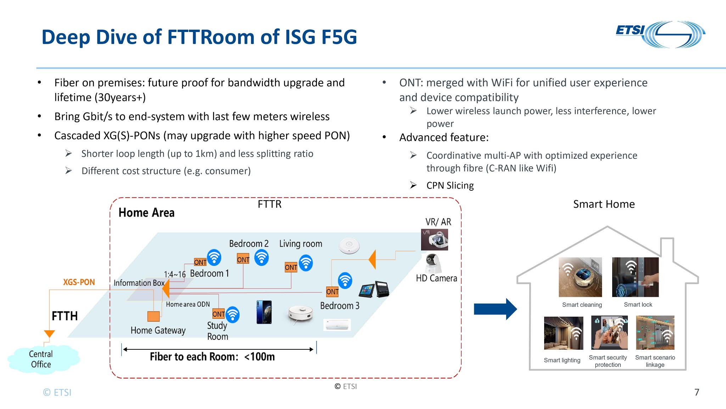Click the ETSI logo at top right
click(660, 34)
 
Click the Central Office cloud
click(42, 359)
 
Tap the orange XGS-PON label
click(79, 282)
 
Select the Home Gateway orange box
click(153, 316)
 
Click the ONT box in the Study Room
click(218, 314)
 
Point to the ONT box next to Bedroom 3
click(332, 292)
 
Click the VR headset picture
click(434, 240)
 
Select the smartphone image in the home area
click(264, 312)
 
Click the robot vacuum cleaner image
click(300, 314)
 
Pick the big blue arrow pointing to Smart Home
click(495, 309)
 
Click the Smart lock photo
click(635, 277)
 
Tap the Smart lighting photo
click(563, 333)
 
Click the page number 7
click(697, 392)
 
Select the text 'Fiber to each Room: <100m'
click(212, 356)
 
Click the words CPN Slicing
click(450, 185)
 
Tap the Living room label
click(301, 244)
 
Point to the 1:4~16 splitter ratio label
click(174, 274)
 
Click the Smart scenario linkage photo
click(655, 333)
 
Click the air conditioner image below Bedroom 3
click(337, 325)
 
